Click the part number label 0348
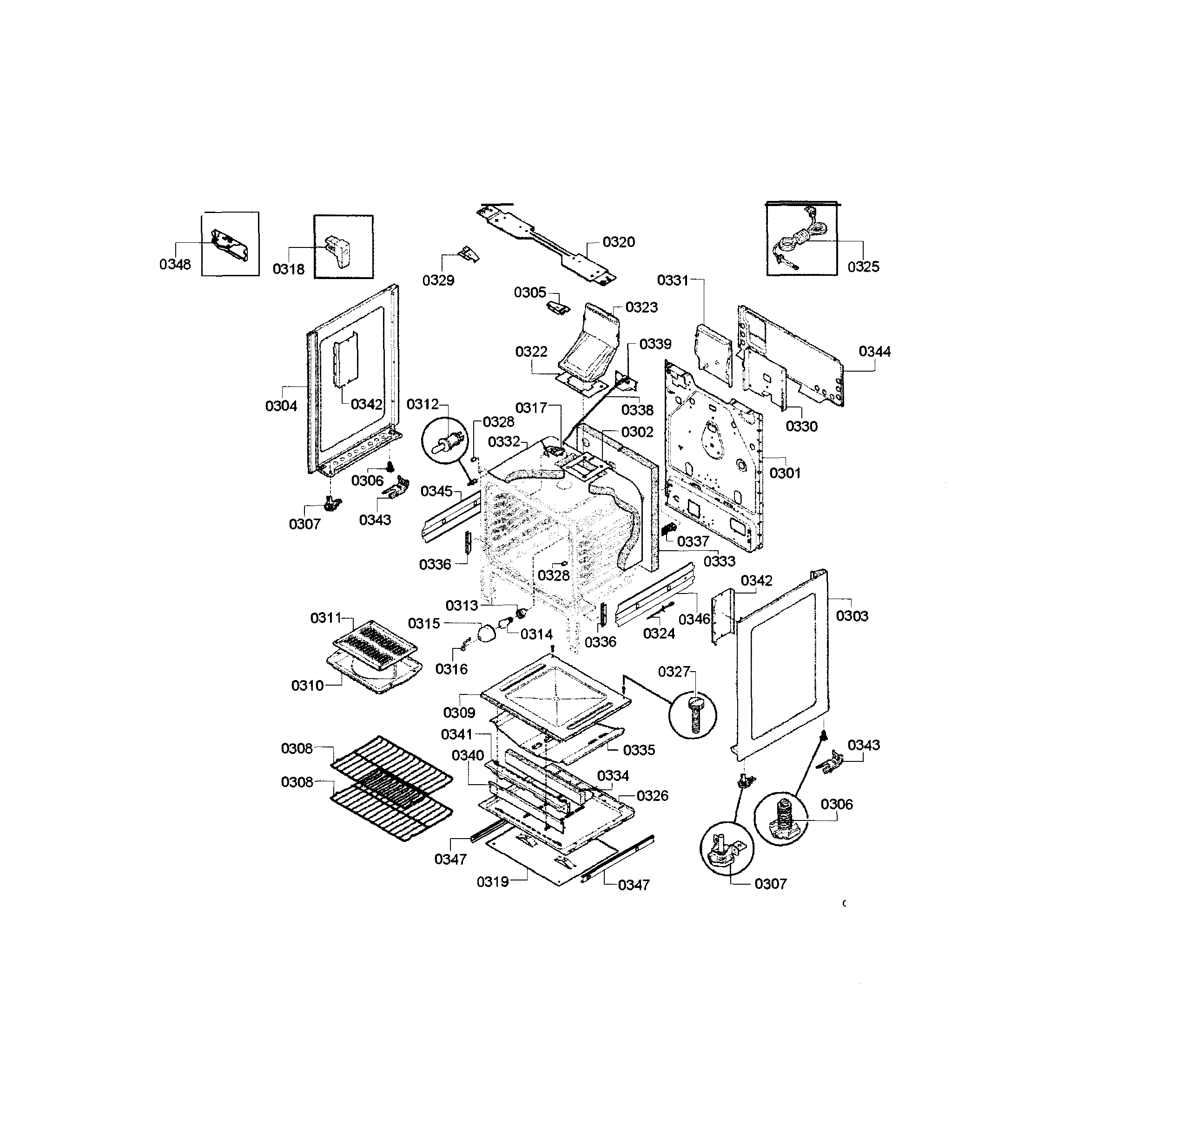pyautogui.click(x=175, y=265)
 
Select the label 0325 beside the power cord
pyautogui.click(x=863, y=267)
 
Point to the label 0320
pyautogui.click(x=619, y=242)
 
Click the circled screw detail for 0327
pyautogui.click(x=694, y=715)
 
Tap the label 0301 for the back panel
pyautogui.click(x=785, y=473)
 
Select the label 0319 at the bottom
pyautogui.click(x=493, y=882)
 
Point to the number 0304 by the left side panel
pyautogui.click(x=281, y=407)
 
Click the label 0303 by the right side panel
pyautogui.click(x=852, y=616)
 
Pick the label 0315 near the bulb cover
pyautogui.click(x=424, y=624)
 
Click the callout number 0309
pyautogui.click(x=459, y=713)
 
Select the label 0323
pyautogui.click(x=641, y=307)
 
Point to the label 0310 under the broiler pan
pyautogui.click(x=308, y=686)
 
